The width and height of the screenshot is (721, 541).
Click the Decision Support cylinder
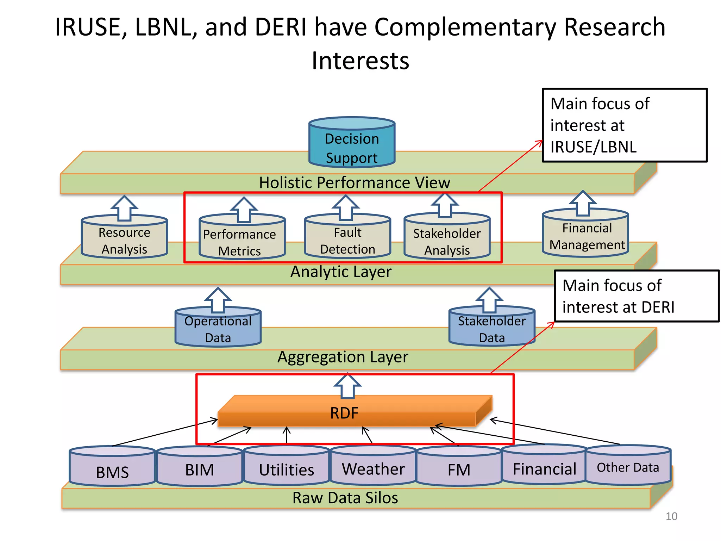coord(352,144)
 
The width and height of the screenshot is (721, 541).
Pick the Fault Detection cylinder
coord(347,240)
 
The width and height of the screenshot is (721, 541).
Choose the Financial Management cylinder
coord(585,235)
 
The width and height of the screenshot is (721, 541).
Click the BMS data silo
coord(112,468)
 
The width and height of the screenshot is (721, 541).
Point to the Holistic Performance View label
coord(355,183)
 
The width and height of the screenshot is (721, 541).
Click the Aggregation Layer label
coord(343,357)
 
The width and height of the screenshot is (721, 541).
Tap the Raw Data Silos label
coord(345,498)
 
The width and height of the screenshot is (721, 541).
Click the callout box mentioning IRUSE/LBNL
coord(624,125)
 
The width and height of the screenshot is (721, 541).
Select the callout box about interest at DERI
coord(636,296)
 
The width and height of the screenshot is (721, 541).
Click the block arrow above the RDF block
coord(347,386)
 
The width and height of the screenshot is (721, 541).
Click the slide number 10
coord(671,516)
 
